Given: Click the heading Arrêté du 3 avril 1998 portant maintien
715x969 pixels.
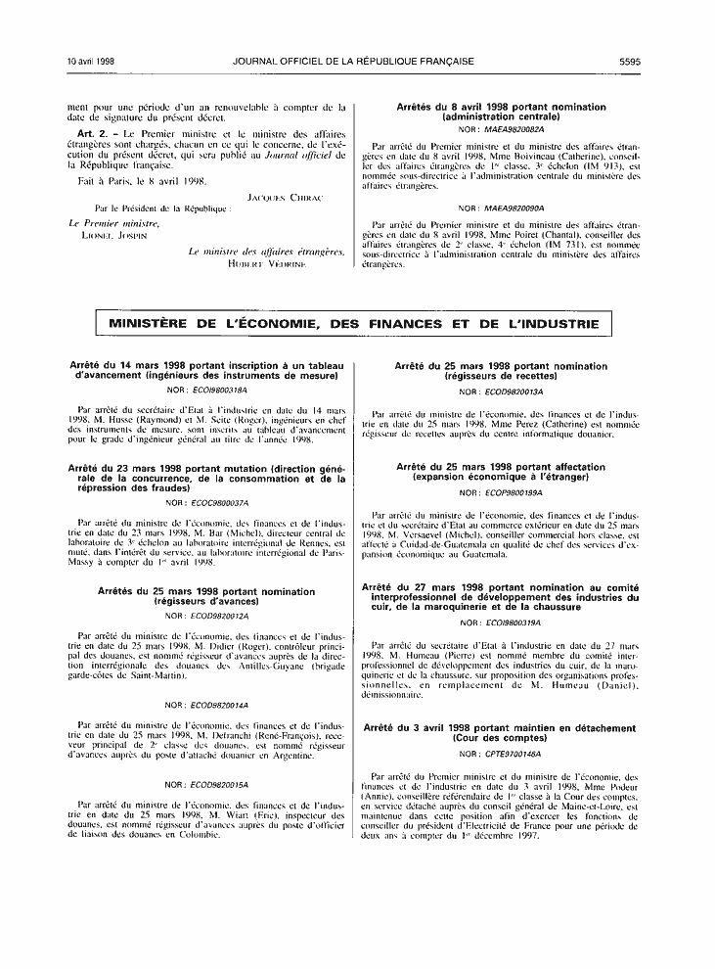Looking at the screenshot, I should coord(499,733).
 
